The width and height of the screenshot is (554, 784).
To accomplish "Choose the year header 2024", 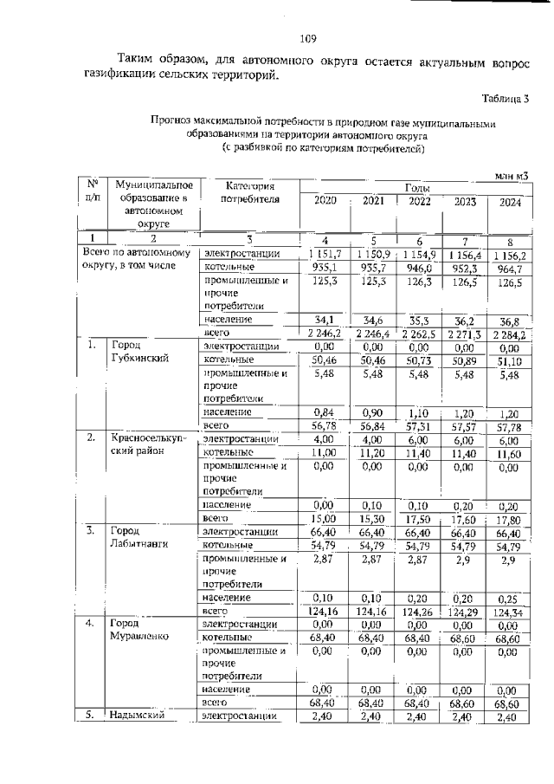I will pos(511,204).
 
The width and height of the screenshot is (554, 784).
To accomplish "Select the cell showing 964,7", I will pos(511,269).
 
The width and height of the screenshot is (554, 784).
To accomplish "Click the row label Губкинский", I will pos(136,357).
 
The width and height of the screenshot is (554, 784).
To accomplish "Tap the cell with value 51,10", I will pos(511,361).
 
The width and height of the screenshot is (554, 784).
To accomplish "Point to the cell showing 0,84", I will pos(324,411).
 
